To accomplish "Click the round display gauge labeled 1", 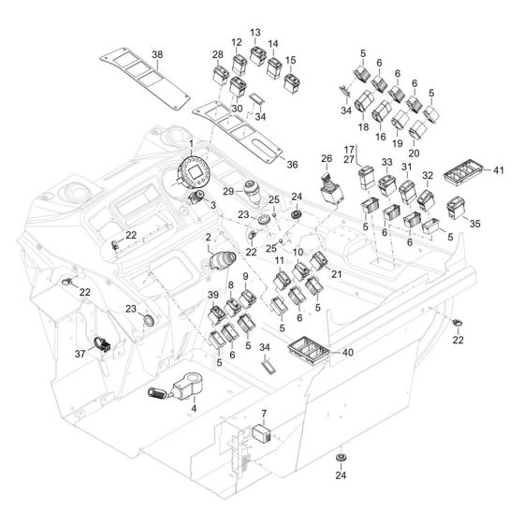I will tap(195, 172).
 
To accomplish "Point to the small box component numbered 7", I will tap(262, 432).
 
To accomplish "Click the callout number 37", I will tap(80, 354).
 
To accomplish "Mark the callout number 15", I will tap(293, 60).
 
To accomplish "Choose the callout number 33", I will tap(386, 162).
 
